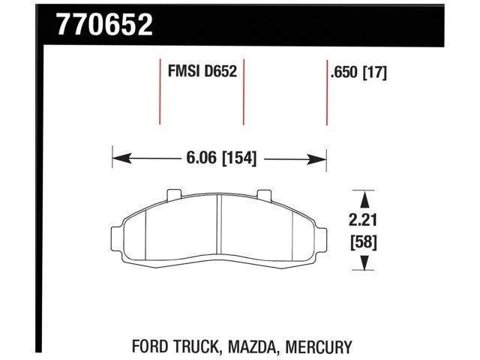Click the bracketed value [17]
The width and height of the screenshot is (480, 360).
click(x=375, y=73)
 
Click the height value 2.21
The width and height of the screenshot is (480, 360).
click(x=364, y=222)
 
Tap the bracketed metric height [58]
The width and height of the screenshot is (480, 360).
click(x=364, y=242)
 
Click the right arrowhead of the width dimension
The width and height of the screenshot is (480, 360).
click(x=319, y=158)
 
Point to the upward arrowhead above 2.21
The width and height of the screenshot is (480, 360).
click(x=364, y=198)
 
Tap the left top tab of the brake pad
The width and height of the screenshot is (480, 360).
click(x=173, y=195)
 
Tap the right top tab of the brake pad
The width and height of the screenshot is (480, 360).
click(x=264, y=195)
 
